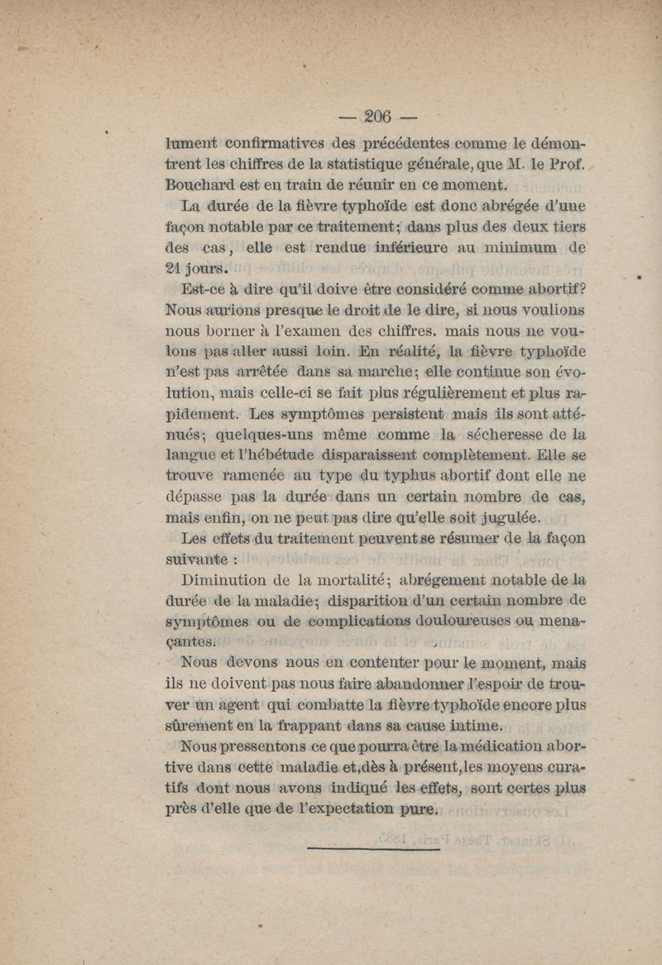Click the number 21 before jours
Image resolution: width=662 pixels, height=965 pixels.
[175, 267]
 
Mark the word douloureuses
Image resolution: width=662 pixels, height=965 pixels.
[457, 621]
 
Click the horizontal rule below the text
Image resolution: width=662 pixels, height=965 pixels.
[372, 847]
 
